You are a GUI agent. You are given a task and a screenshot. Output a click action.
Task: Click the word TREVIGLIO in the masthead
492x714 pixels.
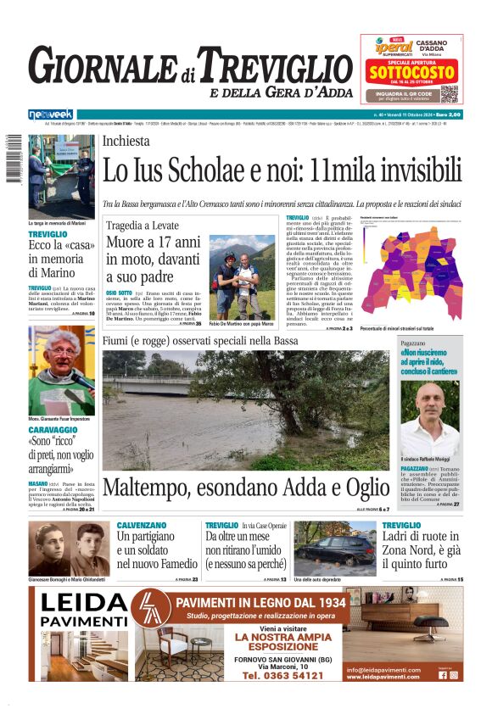click(x=267, y=64)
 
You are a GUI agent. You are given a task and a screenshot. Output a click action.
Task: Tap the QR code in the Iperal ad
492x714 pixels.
click(x=448, y=93)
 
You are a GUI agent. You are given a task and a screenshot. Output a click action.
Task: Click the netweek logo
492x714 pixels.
click(x=51, y=114)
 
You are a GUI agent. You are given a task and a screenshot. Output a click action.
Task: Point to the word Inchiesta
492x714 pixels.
click(x=126, y=142)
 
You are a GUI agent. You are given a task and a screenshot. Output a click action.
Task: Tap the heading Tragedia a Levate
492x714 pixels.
click(x=143, y=225)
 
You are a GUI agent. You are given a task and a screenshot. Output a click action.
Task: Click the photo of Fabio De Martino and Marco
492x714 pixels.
click(x=241, y=276)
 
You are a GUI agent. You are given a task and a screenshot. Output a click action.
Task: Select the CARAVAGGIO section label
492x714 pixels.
click(x=53, y=430)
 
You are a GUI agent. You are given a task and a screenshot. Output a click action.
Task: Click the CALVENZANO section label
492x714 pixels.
click(x=142, y=525)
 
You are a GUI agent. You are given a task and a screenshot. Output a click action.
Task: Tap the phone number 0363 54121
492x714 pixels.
click(x=282, y=676)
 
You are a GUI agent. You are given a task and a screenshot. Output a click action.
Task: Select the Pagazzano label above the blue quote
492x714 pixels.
click(x=413, y=342)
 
